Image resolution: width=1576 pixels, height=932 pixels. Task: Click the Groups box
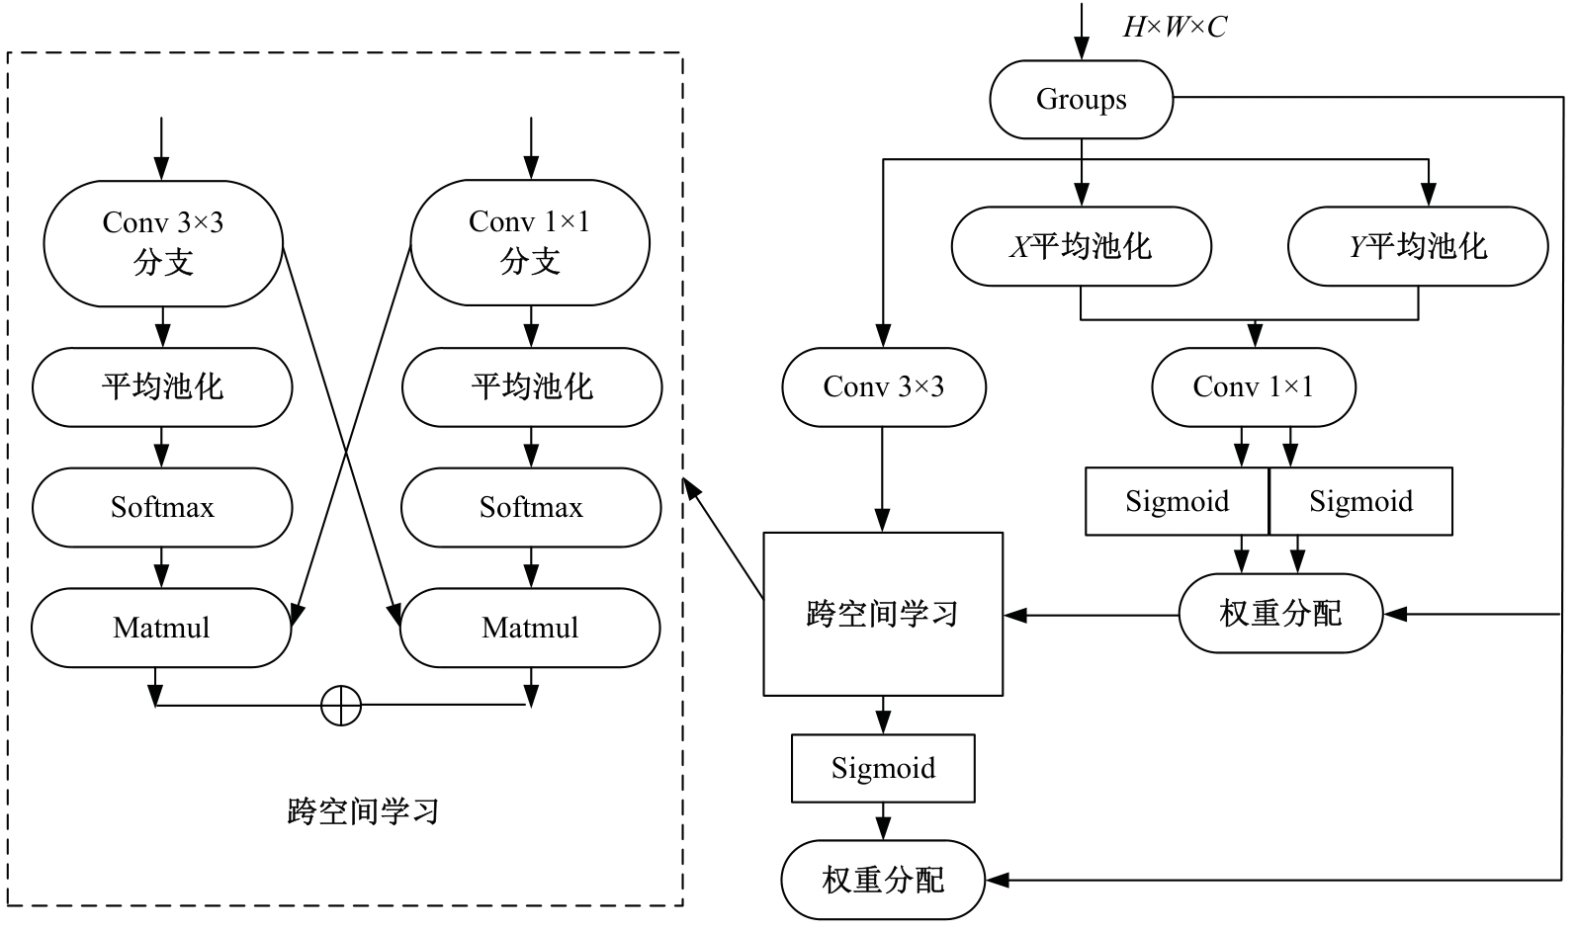tap(1081, 100)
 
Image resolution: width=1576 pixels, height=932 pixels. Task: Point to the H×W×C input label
tap(1174, 27)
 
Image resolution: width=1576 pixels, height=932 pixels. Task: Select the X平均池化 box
tap(1081, 246)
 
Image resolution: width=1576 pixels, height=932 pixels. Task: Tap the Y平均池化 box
tap(1418, 246)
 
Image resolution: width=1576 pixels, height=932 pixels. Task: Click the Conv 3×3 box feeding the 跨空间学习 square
tap(883, 386)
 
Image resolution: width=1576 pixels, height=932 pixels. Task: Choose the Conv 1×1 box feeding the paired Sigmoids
tap(1253, 386)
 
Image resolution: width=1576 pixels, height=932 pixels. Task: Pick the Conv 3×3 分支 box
tap(163, 243)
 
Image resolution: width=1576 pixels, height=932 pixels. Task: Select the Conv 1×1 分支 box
tap(530, 243)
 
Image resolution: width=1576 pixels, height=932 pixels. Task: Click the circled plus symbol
tap(341, 706)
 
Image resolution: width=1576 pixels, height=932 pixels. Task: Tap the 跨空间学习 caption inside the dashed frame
tap(363, 812)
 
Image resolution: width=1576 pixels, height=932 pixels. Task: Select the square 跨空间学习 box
tap(883, 614)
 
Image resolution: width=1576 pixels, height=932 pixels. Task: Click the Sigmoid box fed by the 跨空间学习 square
tap(883, 768)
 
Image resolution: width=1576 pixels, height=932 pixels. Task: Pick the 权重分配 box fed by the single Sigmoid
tap(883, 880)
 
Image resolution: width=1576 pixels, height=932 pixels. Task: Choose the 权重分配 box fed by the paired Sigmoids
tap(1280, 614)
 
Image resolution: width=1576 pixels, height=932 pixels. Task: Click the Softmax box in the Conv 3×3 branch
tap(162, 508)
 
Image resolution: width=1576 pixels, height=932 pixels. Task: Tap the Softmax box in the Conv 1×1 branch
tap(531, 508)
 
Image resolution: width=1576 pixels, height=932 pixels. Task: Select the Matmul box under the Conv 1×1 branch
tap(530, 628)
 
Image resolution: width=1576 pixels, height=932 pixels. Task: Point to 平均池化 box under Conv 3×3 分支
tap(162, 386)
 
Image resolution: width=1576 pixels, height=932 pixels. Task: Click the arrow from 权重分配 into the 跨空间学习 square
tap(1092, 616)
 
